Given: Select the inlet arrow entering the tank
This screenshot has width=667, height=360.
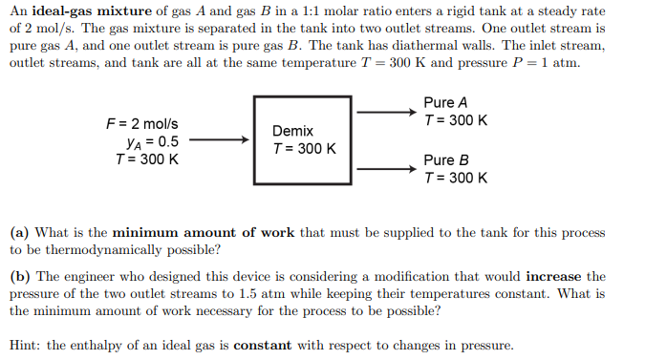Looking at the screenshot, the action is [220, 140].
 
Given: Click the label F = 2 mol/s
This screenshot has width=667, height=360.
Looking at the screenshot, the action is [141, 124].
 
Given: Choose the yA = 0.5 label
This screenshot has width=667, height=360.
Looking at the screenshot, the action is [146, 141].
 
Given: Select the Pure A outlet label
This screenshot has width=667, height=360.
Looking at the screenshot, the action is [444, 102].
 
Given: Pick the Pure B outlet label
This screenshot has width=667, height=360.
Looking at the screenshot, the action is [444, 160].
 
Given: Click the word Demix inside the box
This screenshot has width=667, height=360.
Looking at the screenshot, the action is [292, 131].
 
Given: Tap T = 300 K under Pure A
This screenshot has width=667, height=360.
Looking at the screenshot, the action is [455, 120].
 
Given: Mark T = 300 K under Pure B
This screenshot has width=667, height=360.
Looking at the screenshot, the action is [455, 179].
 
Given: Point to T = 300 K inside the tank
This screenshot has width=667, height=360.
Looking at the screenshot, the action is [304, 149].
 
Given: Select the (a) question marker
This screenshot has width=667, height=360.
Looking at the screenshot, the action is [19, 232].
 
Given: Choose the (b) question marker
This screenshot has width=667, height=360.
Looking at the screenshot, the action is [19, 277].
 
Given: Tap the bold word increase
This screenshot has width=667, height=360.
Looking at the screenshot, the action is [552, 277].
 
